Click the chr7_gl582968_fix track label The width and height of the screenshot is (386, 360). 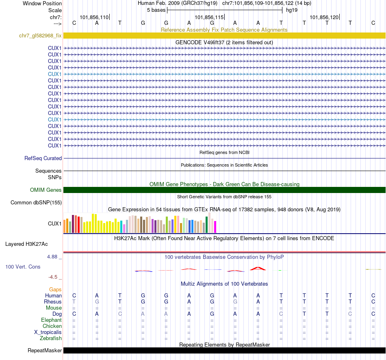pyautogui.click(x=40, y=35)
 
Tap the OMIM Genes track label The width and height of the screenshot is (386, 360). pyautogui.click(x=46, y=190)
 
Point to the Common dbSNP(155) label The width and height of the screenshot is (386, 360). pyautogui.click(x=36, y=202)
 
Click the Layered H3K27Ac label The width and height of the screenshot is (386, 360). pyautogui.click(x=26, y=244)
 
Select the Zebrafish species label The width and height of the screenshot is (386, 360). pyautogui.click(x=51, y=338)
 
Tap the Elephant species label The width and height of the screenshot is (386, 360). pyautogui.click(x=52, y=320)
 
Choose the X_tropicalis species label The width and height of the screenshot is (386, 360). pyautogui.click(x=48, y=332)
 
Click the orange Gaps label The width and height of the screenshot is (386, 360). pyautogui.click(x=55, y=289)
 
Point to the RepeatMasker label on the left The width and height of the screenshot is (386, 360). pyautogui.click(x=45, y=350)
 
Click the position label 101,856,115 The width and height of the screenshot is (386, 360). pyautogui.click(x=209, y=17)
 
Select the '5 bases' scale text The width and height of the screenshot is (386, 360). pyautogui.click(x=156, y=9)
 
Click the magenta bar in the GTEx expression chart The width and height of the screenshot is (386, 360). pyautogui.click(x=215, y=227)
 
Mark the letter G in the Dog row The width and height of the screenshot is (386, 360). pyautogui.click(x=212, y=314)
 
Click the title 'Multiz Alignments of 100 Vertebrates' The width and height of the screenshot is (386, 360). pyautogui.click(x=224, y=284)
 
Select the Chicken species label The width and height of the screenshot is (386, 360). pyautogui.click(x=52, y=326)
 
